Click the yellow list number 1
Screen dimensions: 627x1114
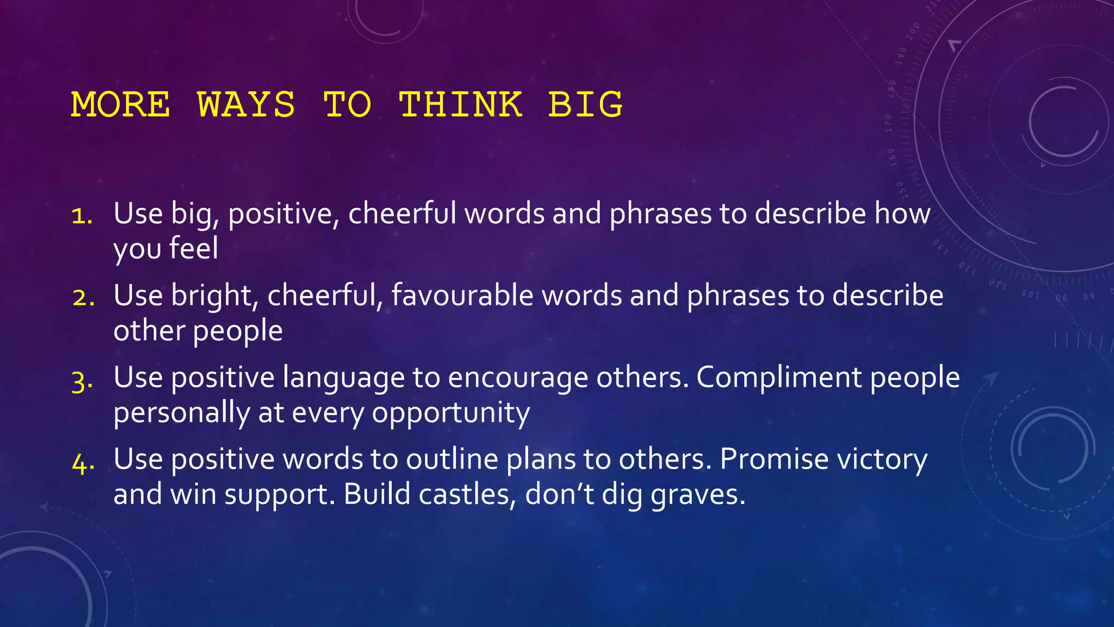(82, 216)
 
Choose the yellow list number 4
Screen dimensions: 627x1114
(83, 463)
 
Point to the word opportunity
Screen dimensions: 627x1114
(450, 413)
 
